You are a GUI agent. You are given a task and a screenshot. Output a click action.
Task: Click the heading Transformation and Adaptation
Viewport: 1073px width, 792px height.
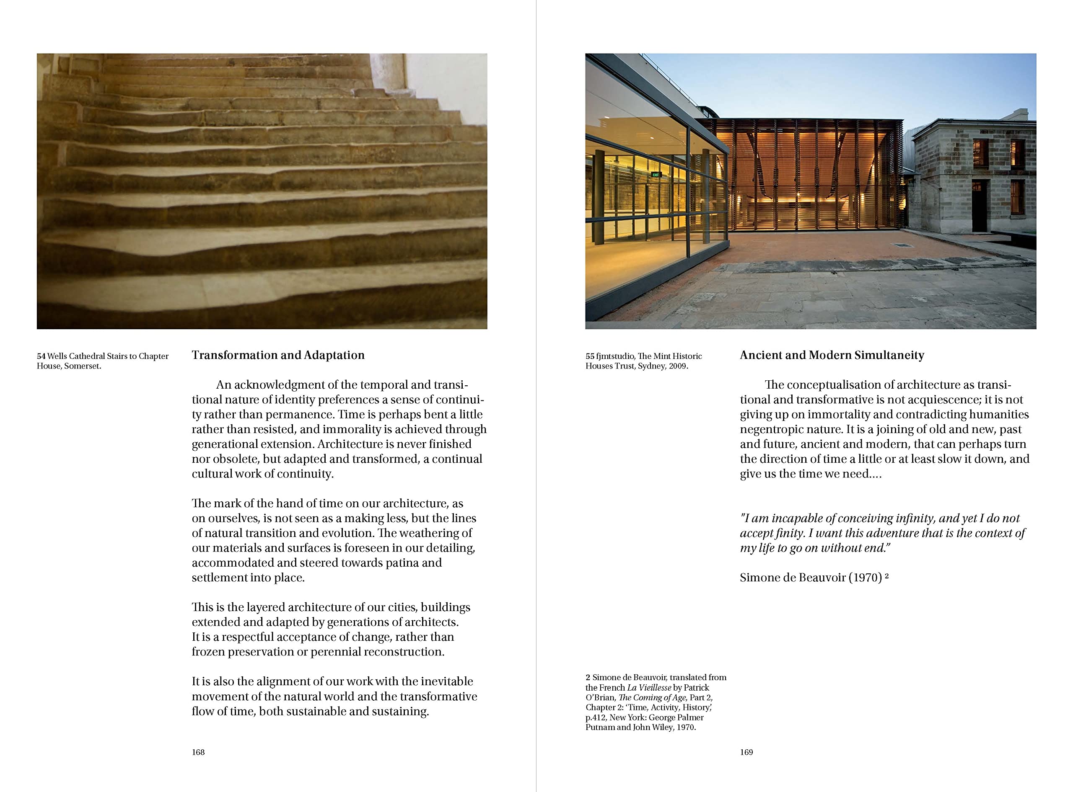pos(278,355)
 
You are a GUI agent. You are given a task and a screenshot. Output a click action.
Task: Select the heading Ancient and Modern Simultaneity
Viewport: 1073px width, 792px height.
pos(832,355)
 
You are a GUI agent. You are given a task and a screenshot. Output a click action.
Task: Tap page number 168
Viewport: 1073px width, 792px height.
pos(198,752)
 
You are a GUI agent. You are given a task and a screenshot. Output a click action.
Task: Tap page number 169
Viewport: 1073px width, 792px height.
pos(746,752)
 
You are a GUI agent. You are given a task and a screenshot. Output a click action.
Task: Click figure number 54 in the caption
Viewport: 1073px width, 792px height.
pos(41,356)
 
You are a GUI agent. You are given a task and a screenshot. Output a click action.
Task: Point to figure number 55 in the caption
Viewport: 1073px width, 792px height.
pos(589,356)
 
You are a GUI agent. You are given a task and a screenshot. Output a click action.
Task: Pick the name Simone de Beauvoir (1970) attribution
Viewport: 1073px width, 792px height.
pos(811,578)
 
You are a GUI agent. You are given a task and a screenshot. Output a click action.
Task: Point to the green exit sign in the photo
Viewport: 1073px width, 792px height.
pos(655,175)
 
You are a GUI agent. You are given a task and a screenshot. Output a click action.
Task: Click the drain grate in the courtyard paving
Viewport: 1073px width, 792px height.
pos(903,245)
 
